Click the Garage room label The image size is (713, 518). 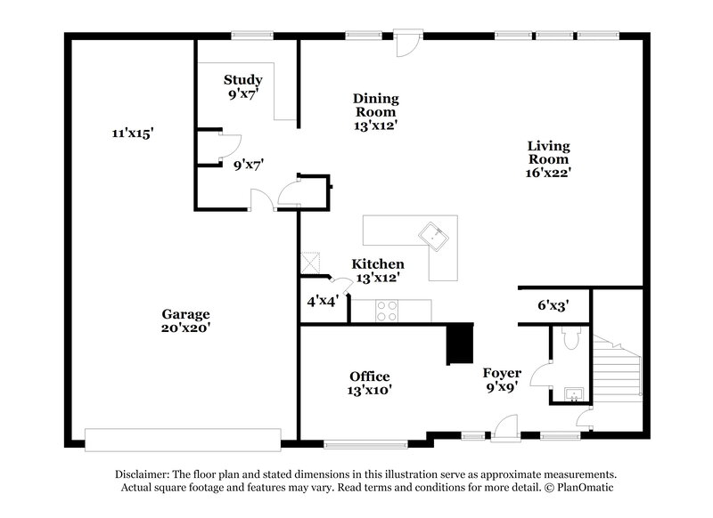pos(185,314)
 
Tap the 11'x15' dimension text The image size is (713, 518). pos(133,134)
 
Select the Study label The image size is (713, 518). pos(242,80)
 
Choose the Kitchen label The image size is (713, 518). pos(377,264)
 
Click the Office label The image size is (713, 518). pos(369,376)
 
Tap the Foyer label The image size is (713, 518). pos(502,373)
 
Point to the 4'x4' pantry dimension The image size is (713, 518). pos(321,301)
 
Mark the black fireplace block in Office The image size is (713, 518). pos(460,344)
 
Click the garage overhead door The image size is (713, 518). pos(182,438)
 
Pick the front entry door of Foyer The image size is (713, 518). pos(506,431)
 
